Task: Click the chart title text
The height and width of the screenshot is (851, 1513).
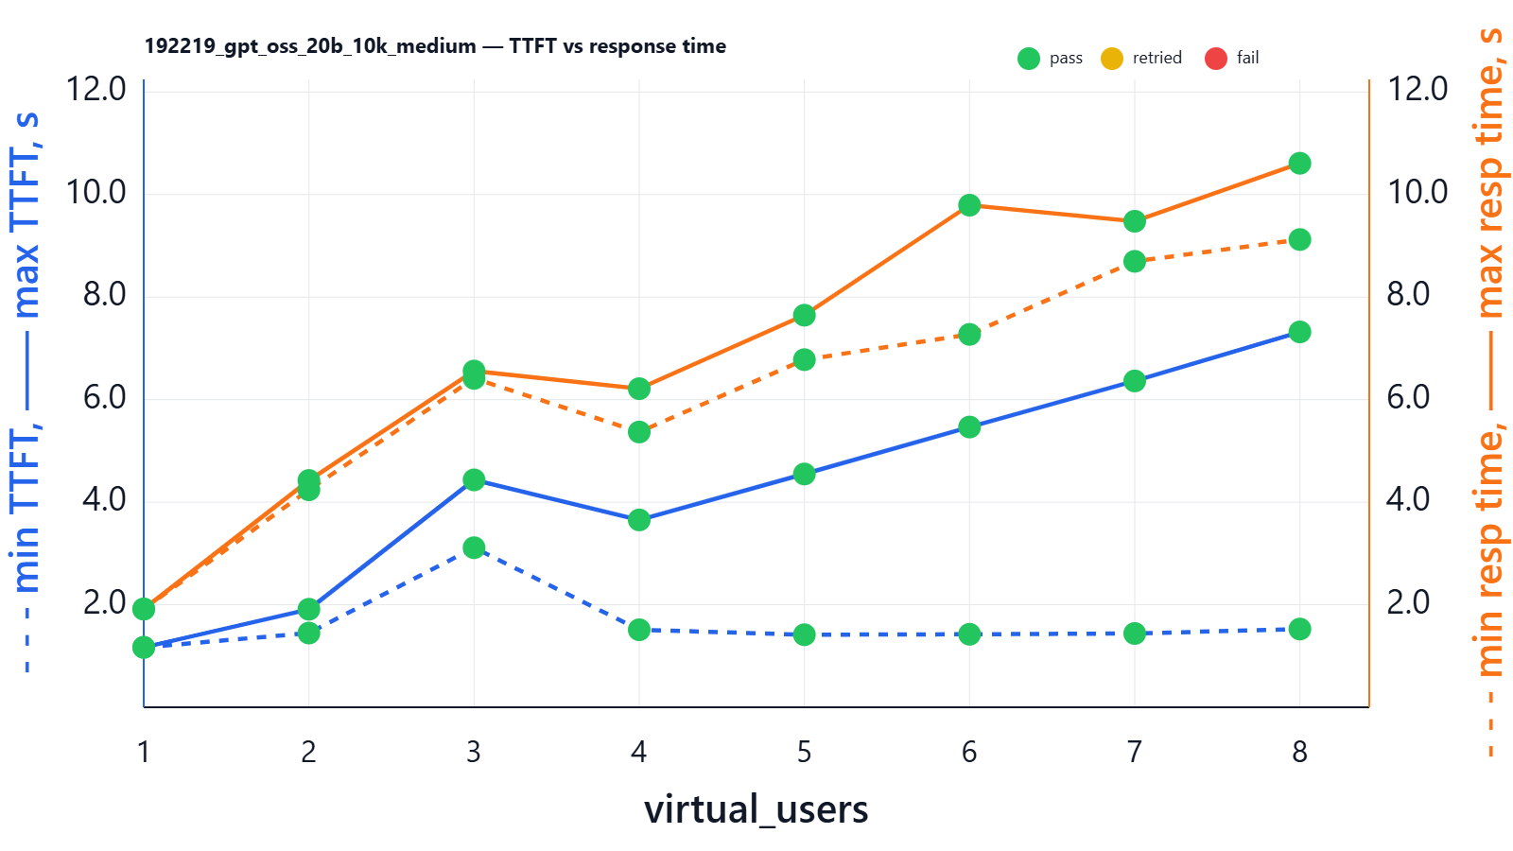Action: pyautogui.click(x=435, y=46)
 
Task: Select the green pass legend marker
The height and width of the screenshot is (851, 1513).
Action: pyautogui.click(x=1029, y=59)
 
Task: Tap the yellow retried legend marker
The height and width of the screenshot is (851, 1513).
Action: pyautogui.click(x=1112, y=59)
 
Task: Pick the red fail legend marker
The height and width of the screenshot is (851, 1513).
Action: pyautogui.click(x=1216, y=59)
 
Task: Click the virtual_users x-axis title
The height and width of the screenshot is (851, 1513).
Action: pyautogui.click(x=756, y=809)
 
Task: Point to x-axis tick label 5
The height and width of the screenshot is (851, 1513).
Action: pyautogui.click(x=804, y=752)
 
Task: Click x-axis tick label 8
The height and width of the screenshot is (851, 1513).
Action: pyautogui.click(x=1299, y=752)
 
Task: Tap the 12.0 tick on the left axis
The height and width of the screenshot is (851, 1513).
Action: pyautogui.click(x=96, y=89)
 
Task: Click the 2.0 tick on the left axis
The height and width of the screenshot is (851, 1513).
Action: pyautogui.click(x=104, y=602)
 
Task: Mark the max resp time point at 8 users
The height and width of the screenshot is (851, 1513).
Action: pyautogui.click(x=1299, y=164)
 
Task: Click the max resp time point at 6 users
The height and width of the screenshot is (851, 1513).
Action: pyautogui.click(x=969, y=205)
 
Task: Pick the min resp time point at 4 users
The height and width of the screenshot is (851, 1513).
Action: pyautogui.click(x=639, y=432)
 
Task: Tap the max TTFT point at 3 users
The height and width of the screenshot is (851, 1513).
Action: pyautogui.click(x=474, y=480)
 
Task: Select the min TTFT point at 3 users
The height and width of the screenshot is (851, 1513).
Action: pyautogui.click(x=474, y=547)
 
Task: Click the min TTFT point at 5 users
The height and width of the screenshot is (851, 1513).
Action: pyautogui.click(x=804, y=634)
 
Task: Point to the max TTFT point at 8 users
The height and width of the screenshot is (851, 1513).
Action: pyautogui.click(x=1299, y=332)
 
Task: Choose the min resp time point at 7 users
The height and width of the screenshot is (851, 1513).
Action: pyautogui.click(x=1135, y=261)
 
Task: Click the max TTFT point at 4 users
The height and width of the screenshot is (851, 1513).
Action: pyautogui.click(x=639, y=520)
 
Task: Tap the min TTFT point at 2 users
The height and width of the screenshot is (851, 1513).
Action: pyautogui.click(x=308, y=633)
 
